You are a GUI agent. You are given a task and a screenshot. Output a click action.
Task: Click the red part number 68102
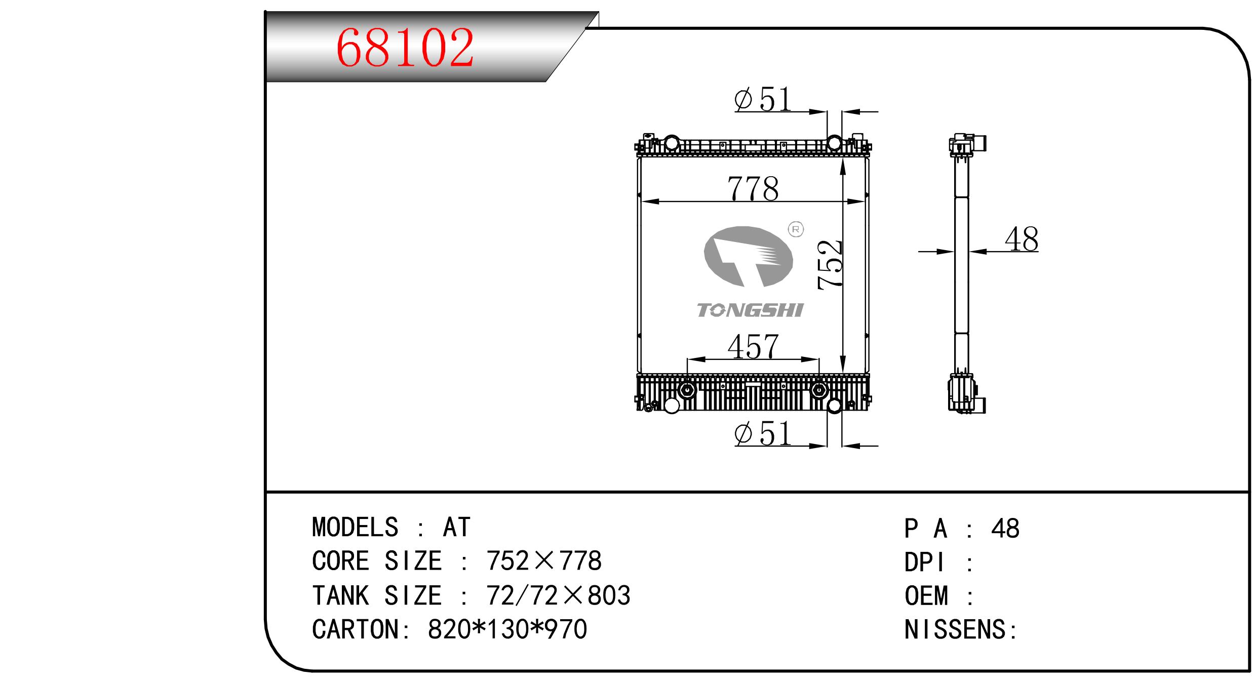tap(405, 48)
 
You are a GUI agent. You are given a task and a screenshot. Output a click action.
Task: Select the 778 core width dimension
tap(753, 188)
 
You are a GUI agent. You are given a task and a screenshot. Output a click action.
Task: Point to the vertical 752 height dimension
tap(830, 264)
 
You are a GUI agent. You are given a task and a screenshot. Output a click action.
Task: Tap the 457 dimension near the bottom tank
tap(753, 347)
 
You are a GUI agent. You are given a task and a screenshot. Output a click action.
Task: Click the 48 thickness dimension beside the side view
tap(1022, 239)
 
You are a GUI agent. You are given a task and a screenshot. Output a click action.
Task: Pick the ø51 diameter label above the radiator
tap(763, 99)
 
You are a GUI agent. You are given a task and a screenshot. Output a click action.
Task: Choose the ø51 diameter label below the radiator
tap(763, 434)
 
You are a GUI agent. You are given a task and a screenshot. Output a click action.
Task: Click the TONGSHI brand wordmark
tap(750, 310)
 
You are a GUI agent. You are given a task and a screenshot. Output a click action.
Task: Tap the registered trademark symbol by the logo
tap(796, 229)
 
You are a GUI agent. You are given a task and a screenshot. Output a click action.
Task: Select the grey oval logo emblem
tap(748, 256)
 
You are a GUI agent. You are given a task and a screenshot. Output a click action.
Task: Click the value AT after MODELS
tap(457, 528)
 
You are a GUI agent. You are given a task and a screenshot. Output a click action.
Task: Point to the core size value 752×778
tap(544, 561)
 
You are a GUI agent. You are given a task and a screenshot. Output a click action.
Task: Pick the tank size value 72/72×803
tap(558, 595)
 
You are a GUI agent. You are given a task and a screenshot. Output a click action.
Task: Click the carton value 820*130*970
tap(507, 629)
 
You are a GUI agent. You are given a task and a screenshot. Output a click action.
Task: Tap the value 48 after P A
tap(1005, 529)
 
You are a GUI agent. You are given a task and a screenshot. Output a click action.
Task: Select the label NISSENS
tap(955, 630)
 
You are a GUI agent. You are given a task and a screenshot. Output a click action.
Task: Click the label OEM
tap(926, 596)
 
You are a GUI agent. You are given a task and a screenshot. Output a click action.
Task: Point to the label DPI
tap(925, 563)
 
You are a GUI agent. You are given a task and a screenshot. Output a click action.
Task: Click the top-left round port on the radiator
tap(672, 143)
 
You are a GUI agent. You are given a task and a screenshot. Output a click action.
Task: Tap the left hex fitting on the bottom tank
tap(687, 390)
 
